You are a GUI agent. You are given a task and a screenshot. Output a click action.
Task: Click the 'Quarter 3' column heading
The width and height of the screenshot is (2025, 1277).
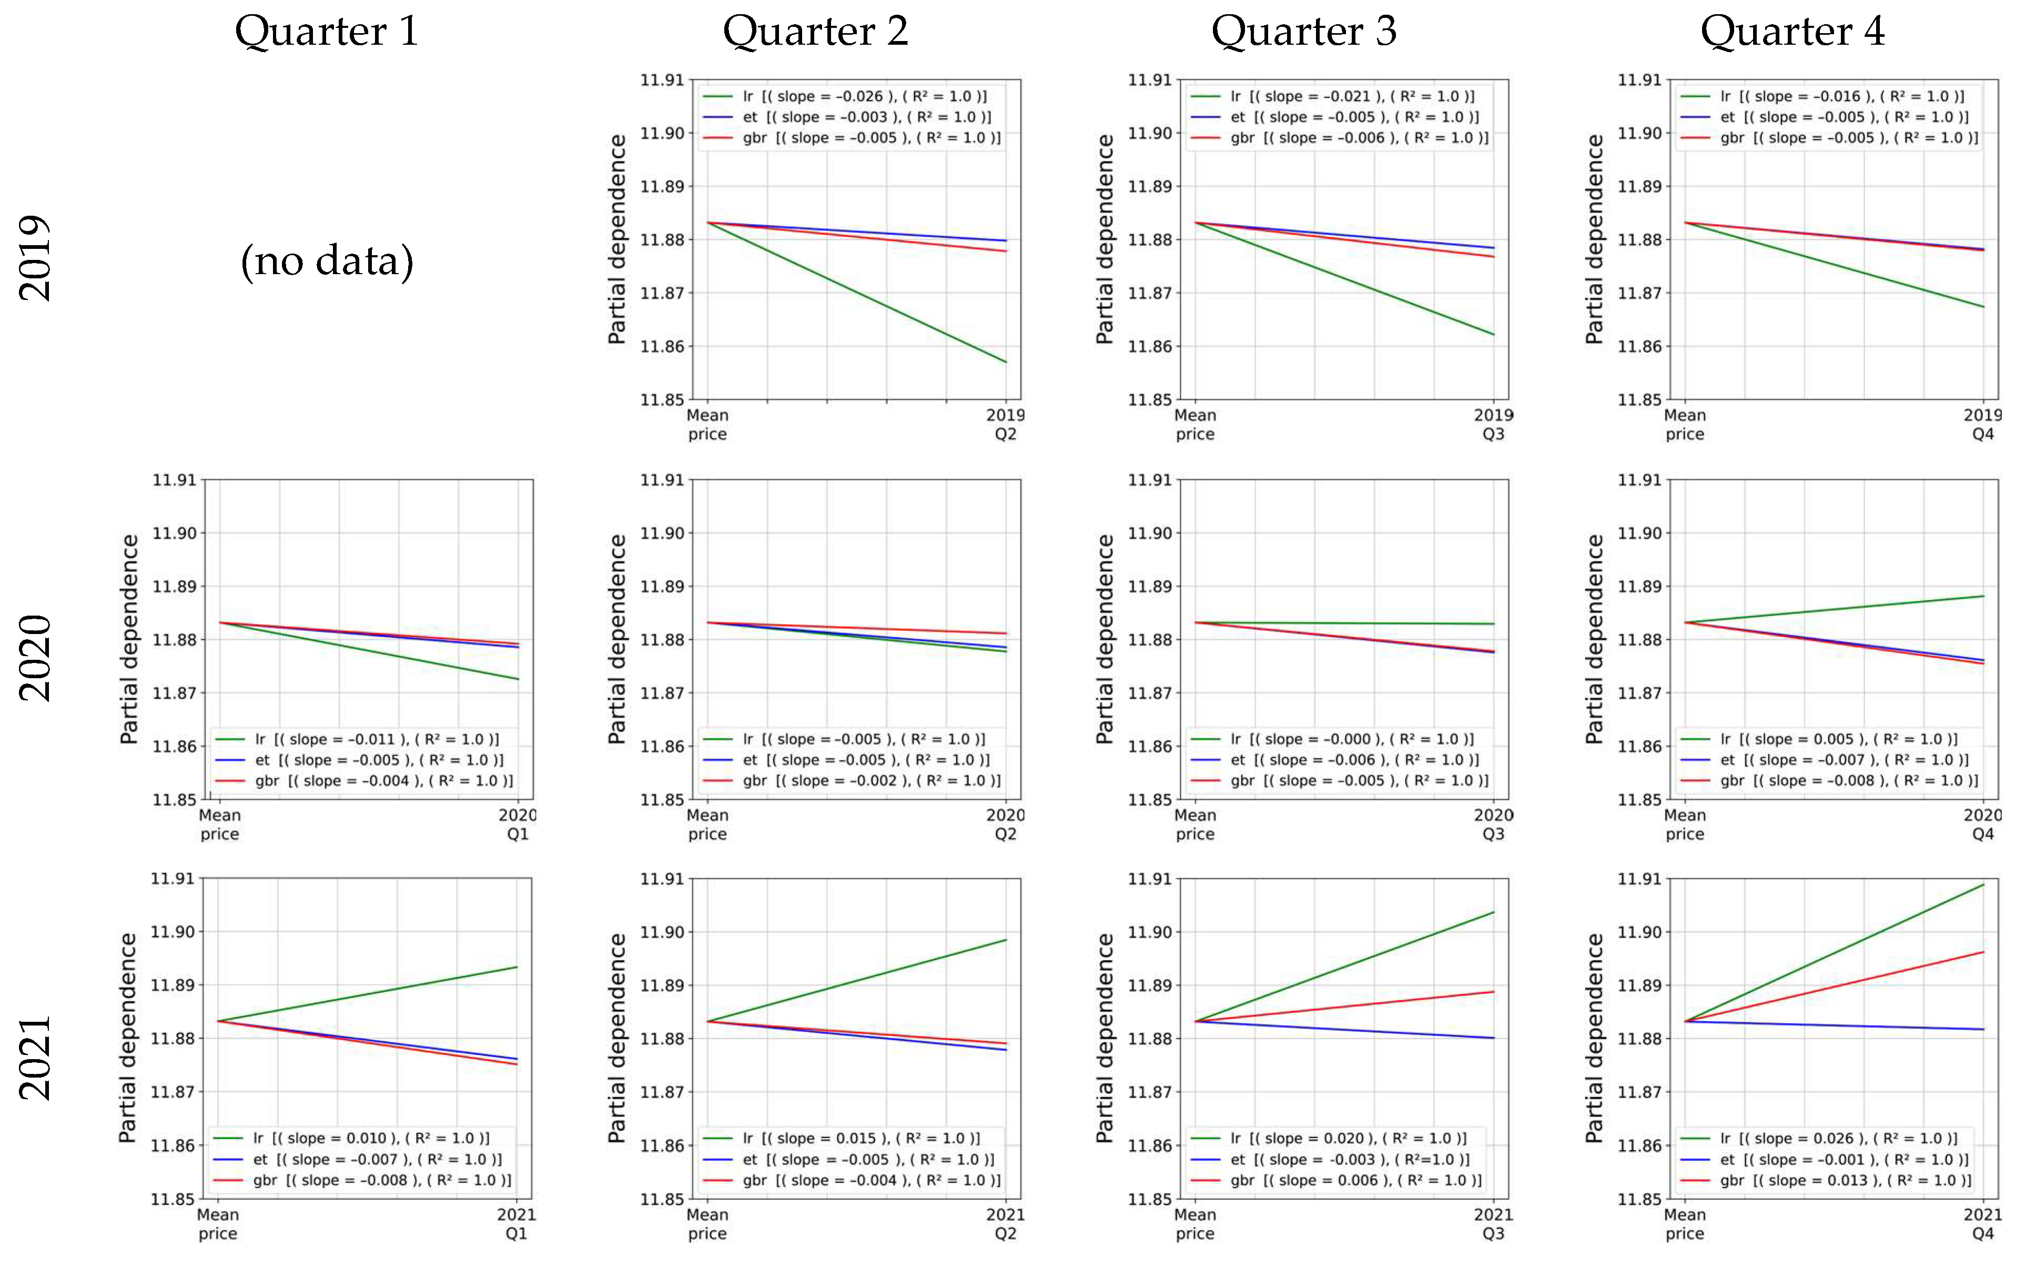click(1303, 32)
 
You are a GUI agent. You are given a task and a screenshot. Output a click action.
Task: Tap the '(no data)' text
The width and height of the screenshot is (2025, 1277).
click(327, 261)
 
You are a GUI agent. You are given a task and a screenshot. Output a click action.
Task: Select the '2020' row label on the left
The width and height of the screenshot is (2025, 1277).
click(35, 657)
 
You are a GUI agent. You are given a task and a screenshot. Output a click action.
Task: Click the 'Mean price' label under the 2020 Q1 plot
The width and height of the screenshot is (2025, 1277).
click(219, 824)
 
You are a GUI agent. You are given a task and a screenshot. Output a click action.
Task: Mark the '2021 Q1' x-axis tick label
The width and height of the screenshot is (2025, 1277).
click(515, 1223)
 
